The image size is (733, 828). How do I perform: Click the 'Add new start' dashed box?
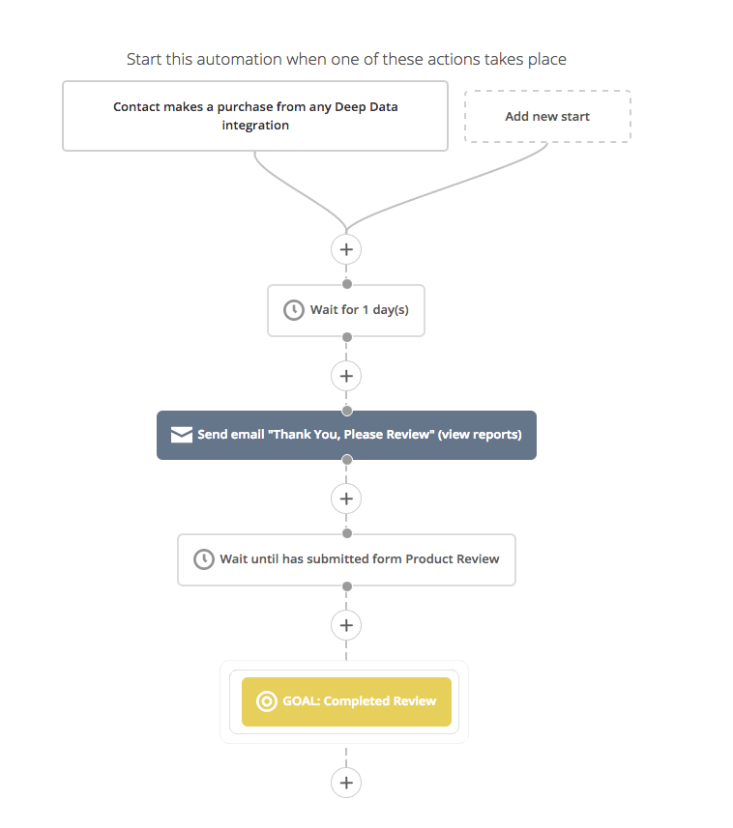click(547, 116)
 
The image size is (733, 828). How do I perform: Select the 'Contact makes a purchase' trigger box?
click(255, 116)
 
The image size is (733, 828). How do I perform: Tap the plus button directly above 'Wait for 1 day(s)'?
click(346, 249)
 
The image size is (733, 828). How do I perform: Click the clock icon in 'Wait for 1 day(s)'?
click(294, 310)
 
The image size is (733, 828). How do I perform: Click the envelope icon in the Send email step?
click(181, 435)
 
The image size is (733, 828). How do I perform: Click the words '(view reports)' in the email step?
click(480, 435)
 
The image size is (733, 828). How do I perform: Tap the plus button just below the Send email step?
click(346, 499)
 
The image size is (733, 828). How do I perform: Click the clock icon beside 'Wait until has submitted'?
click(204, 559)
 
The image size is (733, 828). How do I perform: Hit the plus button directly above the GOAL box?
click(346, 625)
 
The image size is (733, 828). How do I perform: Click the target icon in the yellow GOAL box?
click(266, 701)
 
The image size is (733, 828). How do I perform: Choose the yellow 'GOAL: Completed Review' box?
click(347, 701)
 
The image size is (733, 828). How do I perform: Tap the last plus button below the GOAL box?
click(346, 783)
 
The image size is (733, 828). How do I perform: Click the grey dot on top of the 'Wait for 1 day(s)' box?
click(347, 284)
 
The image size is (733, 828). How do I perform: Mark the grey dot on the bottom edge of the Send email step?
click(347, 460)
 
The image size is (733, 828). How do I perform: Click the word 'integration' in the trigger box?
click(255, 126)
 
